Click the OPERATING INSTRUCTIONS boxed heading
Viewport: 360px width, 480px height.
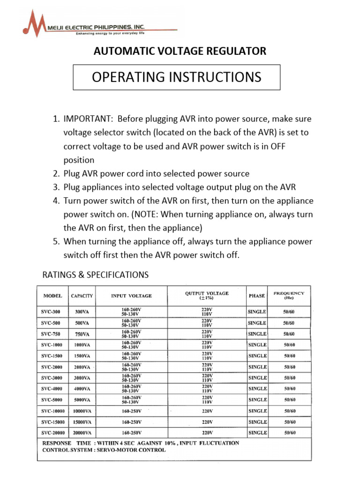pyautogui.click(x=176, y=77)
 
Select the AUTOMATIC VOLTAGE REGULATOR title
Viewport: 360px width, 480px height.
pyautogui.click(x=180, y=51)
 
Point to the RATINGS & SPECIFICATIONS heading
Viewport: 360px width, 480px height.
pyautogui.click(x=96, y=275)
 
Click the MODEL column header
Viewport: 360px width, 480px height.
pyautogui.click(x=52, y=296)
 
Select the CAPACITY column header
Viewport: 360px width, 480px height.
pyautogui.click(x=82, y=296)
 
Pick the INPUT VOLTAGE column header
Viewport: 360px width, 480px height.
pyautogui.click(x=131, y=296)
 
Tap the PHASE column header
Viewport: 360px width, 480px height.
pyautogui.click(x=257, y=296)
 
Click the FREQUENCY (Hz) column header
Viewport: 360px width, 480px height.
pyautogui.click(x=289, y=295)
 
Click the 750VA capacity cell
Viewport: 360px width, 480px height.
pyautogui.click(x=82, y=334)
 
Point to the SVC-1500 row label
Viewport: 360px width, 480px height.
pyautogui.click(x=52, y=356)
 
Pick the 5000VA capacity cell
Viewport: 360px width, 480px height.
pyautogui.click(x=82, y=400)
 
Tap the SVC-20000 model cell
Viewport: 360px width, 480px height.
pyautogui.click(x=52, y=433)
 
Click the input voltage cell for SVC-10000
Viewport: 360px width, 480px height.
pyautogui.click(x=131, y=411)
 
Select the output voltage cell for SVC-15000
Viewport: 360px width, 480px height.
pyautogui.click(x=207, y=422)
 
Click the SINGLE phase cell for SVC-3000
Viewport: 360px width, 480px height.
pyautogui.click(x=257, y=378)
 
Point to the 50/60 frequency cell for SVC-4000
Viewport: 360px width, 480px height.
pyautogui.click(x=289, y=389)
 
